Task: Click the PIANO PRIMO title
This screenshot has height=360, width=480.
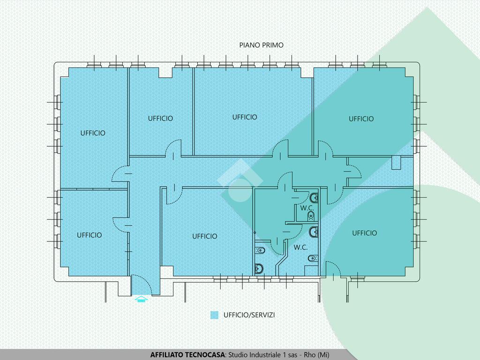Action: (x=262, y=45)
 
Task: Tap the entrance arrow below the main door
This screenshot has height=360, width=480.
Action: (x=141, y=299)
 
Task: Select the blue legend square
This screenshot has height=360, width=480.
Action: (x=214, y=315)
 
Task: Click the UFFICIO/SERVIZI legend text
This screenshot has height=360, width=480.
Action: (x=249, y=315)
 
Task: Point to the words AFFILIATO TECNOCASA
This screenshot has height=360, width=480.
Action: (x=187, y=355)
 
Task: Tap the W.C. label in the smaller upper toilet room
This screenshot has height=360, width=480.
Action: (x=307, y=208)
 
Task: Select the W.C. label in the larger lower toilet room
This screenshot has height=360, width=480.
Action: (x=300, y=247)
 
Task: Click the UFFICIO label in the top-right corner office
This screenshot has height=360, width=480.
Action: (x=361, y=119)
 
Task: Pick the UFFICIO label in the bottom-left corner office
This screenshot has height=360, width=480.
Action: (x=90, y=235)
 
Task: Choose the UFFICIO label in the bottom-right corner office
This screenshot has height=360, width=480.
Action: (x=364, y=233)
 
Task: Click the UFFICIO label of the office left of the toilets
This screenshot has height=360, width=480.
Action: (x=205, y=236)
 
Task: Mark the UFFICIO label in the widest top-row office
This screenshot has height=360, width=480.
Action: (x=245, y=117)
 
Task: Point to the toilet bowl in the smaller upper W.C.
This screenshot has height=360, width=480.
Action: (x=311, y=216)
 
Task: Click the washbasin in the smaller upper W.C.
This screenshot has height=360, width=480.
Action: (x=314, y=198)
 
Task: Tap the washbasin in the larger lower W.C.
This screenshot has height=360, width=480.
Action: (x=314, y=232)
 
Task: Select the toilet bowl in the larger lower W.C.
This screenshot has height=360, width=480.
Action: (x=312, y=258)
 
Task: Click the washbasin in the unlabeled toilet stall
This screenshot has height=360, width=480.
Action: (x=259, y=269)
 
